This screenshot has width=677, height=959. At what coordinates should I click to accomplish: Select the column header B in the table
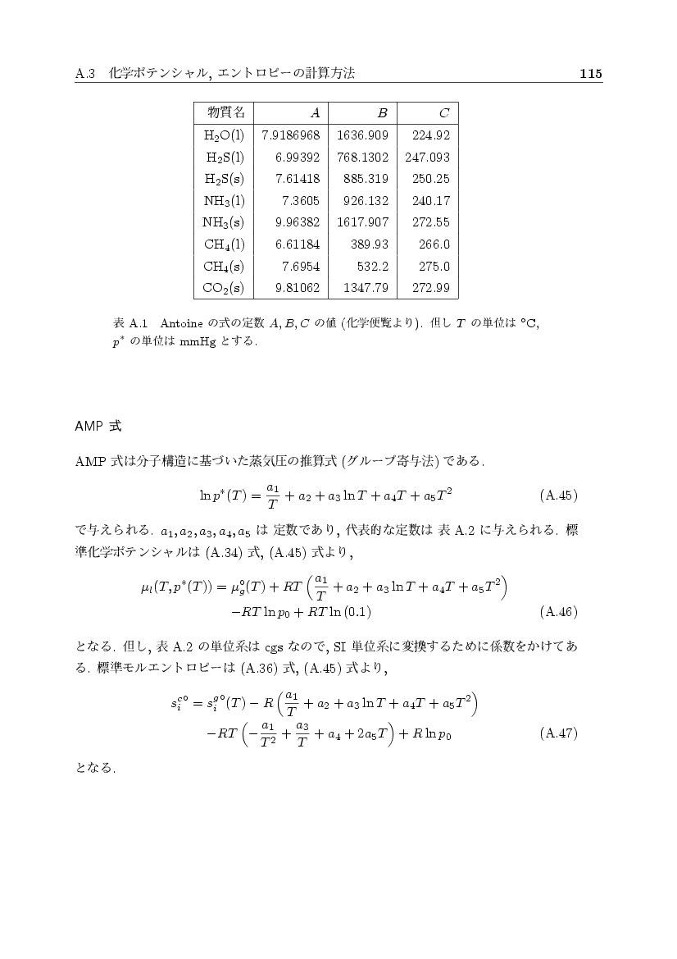(382, 113)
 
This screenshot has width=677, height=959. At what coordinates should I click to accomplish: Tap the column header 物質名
(224, 112)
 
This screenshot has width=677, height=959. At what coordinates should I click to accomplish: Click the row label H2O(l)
(224, 135)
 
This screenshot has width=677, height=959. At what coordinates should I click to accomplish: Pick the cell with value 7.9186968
(290, 135)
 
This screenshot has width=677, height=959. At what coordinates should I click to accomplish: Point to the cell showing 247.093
(427, 157)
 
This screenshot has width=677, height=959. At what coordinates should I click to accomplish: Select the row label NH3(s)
(224, 222)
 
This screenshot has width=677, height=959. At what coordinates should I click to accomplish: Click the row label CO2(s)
(224, 288)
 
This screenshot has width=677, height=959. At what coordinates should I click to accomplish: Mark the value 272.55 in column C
(431, 222)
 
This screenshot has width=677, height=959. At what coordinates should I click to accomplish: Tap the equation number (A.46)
(560, 611)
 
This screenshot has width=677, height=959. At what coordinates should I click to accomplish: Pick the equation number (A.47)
(560, 733)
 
